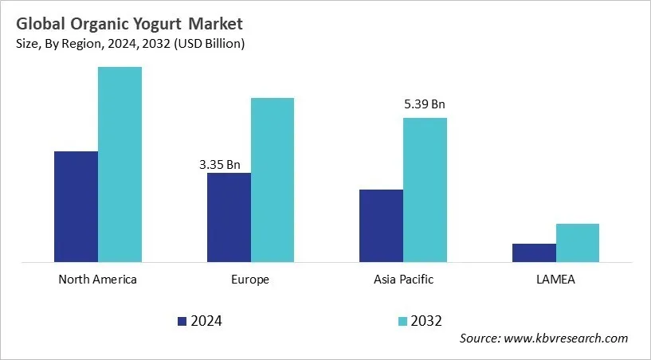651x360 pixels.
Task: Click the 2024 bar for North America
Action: click(x=76, y=206)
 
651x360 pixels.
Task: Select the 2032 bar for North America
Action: click(x=120, y=164)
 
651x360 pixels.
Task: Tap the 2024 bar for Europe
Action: click(x=229, y=217)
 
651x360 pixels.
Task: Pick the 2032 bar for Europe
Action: click(x=273, y=179)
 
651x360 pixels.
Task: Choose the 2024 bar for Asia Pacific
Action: click(x=381, y=225)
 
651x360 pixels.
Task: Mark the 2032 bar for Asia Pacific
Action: click(x=425, y=190)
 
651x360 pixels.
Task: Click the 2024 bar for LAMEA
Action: click(x=534, y=252)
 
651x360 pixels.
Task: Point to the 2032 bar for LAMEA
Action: click(x=578, y=242)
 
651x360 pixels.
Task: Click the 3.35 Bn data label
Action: click(x=220, y=165)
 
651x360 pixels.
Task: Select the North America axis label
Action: click(x=98, y=280)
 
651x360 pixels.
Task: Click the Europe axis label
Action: click(x=251, y=280)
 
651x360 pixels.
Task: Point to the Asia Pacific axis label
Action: click(x=403, y=280)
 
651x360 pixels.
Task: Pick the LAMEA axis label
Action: click(x=556, y=280)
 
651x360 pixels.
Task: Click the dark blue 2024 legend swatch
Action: click(x=182, y=321)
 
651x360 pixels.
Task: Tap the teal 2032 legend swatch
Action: click(x=403, y=321)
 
